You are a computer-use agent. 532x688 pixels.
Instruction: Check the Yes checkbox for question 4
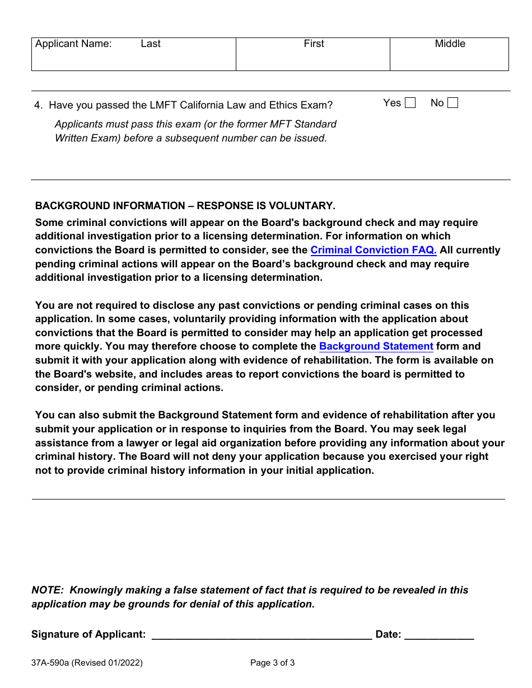coord(410,103)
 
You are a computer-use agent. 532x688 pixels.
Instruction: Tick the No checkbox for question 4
coord(452,103)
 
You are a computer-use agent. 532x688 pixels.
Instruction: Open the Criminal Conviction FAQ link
coord(374,250)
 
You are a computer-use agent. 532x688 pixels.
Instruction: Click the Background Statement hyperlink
coord(376,346)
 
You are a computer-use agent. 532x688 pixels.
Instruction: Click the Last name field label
coord(151,44)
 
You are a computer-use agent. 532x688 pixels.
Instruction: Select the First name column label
coord(314,44)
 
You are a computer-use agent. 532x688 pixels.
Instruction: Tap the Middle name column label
coord(450,44)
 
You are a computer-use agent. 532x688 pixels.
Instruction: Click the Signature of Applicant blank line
coord(262,634)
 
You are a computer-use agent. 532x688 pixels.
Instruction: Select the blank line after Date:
coord(439,634)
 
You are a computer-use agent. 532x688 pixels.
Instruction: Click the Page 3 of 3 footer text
coord(272,663)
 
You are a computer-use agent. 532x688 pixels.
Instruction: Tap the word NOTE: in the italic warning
coord(48,590)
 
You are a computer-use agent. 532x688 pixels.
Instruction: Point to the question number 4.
coord(38,105)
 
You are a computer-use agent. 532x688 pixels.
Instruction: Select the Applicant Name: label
coord(73,44)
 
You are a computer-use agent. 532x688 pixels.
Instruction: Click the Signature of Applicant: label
coord(88,634)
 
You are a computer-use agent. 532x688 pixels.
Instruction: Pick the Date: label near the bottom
coord(388,634)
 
